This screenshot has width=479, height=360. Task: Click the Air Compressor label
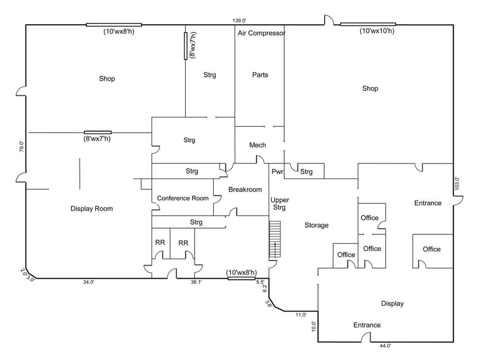(x=261, y=33)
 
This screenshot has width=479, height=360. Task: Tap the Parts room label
(x=260, y=75)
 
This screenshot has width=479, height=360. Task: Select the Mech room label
(x=258, y=145)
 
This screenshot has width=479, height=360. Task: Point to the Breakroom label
(x=245, y=190)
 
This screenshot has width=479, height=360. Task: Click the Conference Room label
(x=183, y=198)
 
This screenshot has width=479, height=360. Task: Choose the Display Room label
(x=92, y=209)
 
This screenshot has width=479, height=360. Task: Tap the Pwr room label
(x=277, y=172)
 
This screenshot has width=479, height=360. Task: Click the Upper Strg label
(x=280, y=204)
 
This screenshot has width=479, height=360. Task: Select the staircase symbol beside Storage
(x=275, y=239)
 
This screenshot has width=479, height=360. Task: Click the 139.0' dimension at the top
(x=239, y=21)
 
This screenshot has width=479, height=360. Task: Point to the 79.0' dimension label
(x=22, y=147)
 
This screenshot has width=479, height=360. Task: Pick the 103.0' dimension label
(x=457, y=184)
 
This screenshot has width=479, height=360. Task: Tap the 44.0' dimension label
(x=385, y=346)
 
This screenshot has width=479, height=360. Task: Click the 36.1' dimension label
(x=196, y=282)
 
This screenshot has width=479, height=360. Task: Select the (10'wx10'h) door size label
(x=377, y=31)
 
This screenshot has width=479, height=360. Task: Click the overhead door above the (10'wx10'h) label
(x=368, y=24)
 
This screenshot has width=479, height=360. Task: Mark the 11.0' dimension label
(x=301, y=315)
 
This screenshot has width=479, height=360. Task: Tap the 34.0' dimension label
(x=88, y=282)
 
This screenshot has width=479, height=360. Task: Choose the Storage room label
(x=317, y=225)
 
